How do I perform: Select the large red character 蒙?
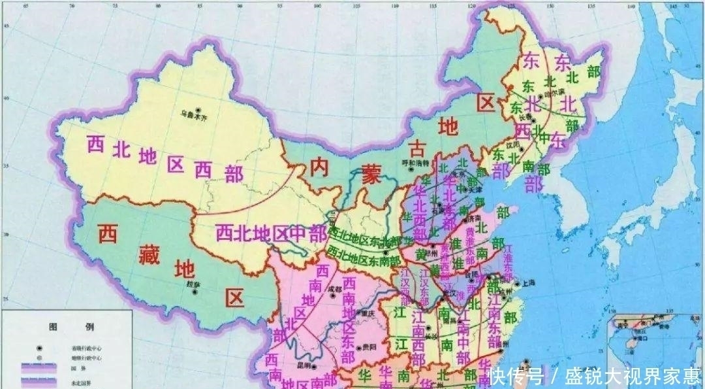click(371, 177)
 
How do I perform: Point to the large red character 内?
click(322, 167)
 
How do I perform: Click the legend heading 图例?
click(69, 326)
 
